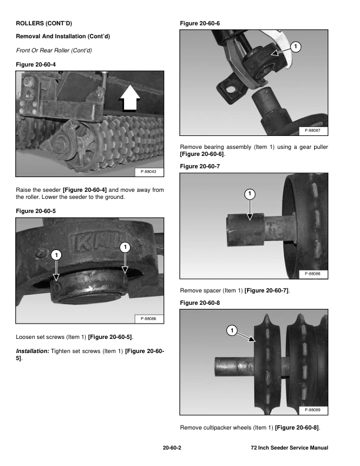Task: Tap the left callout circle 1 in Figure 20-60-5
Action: point(55,255)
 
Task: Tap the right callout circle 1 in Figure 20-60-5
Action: point(125,248)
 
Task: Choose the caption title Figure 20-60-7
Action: point(199,167)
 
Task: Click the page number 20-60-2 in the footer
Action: point(172,448)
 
